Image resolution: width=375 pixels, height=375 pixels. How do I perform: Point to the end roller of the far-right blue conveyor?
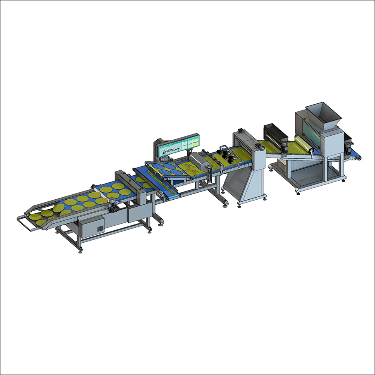point(359,156)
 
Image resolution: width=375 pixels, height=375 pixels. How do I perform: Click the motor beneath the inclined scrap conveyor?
point(162,197)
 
